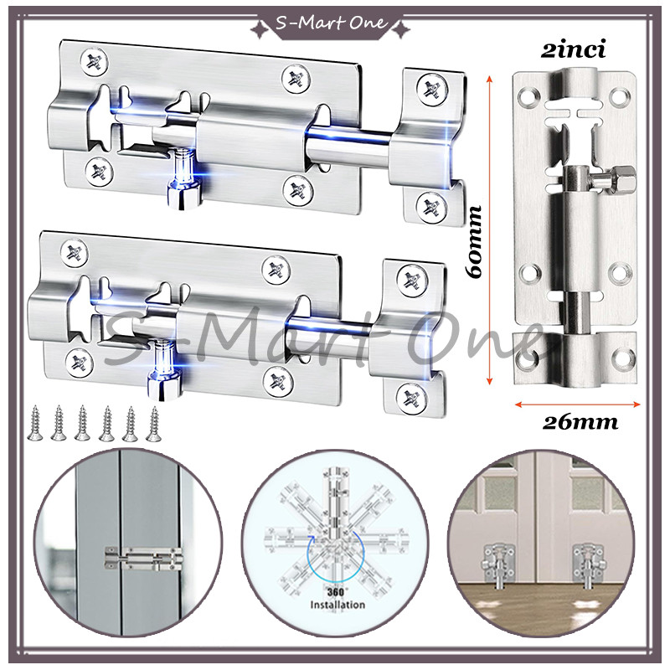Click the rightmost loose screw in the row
click(x=154, y=423)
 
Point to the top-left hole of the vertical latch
click(x=527, y=95)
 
